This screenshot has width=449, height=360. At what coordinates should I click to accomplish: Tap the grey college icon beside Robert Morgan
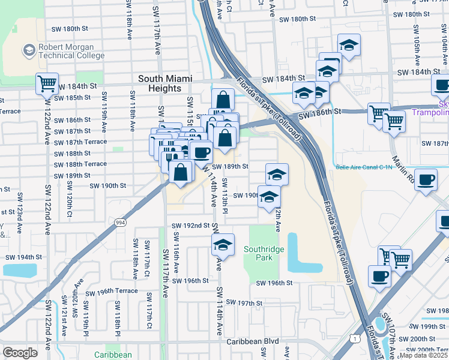pos(28,50)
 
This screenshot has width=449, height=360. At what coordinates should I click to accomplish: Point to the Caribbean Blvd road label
pos(252,341)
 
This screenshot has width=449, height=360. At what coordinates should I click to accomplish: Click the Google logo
pos(20,353)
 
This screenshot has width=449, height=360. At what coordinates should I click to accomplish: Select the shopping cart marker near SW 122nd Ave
pos(47,83)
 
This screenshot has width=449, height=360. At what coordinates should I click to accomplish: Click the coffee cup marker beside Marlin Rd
pos(426,179)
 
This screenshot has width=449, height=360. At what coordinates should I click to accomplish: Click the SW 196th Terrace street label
pos(111,292)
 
